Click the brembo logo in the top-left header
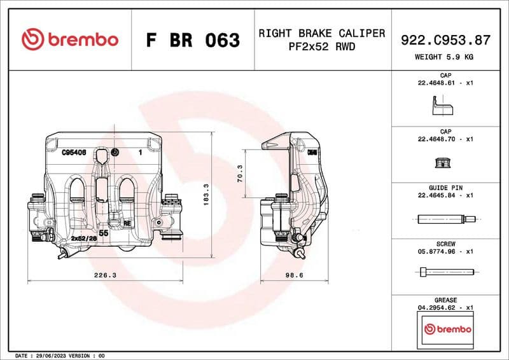(x=69, y=39)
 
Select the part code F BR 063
(x=193, y=40)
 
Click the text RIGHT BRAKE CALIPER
(x=321, y=33)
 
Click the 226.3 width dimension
(x=105, y=275)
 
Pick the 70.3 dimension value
(x=240, y=174)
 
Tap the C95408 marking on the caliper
(x=74, y=153)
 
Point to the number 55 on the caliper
(x=103, y=234)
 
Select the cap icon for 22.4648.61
(x=441, y=106)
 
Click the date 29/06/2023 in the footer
(x=52, y=355)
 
